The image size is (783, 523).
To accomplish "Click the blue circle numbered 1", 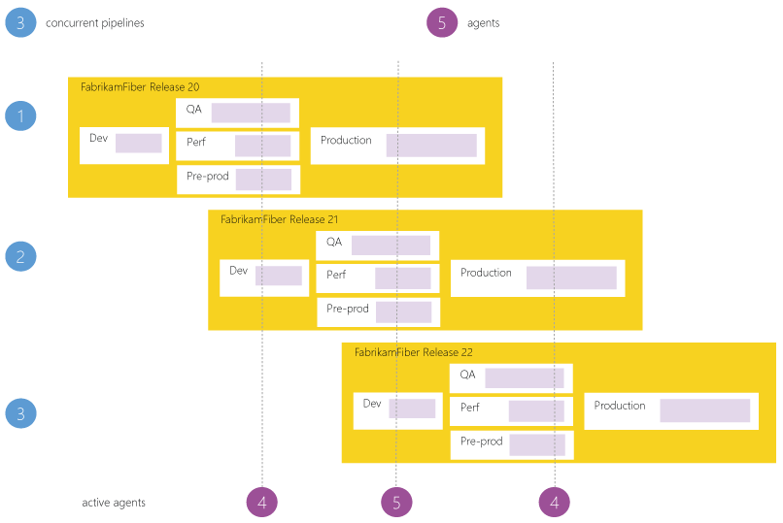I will click(20, 116).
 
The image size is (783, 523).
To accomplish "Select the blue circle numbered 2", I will click(20, 256).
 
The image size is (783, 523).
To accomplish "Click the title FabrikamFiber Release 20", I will click(140, 87).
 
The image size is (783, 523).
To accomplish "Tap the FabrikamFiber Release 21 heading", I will click(280, 220).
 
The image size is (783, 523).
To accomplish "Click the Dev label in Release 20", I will click(98, 138).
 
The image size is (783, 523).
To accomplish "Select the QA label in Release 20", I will click(194, 110).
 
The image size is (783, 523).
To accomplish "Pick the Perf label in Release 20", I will click(196, 143).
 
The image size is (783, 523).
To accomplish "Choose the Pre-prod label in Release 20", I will click(207, 177).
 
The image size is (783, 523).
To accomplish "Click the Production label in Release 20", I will click(346, 141).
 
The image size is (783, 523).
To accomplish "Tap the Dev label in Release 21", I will click(239, 271).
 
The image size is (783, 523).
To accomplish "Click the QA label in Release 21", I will click(334, 243).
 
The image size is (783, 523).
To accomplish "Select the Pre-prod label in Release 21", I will click(348, 310).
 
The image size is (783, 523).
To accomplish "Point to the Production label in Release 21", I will click(486, 274).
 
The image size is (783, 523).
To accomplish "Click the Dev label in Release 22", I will click(372, 404).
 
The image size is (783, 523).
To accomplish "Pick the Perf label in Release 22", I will click(470, 408).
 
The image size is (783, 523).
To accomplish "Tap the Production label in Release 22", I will click(620, 406).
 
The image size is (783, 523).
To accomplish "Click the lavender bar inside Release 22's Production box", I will click(704, 410).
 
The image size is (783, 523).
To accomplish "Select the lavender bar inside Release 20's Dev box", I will click(139, 144).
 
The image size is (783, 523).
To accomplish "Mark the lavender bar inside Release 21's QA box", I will click(391, 245).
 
